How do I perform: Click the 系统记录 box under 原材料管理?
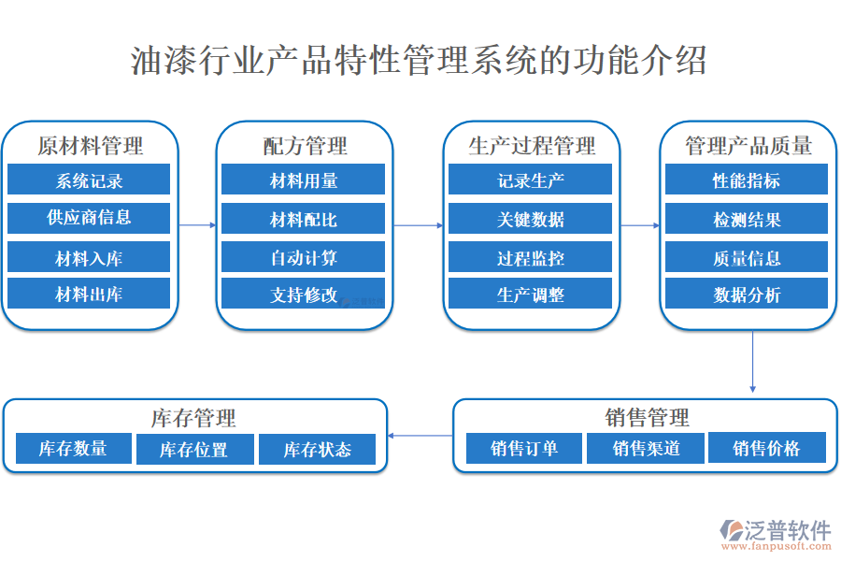click(89, 180)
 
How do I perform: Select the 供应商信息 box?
click(89, 218)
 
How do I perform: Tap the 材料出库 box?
click(89, 295)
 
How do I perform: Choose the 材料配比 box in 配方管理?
click(304, 220)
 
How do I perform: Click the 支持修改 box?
click(304, 295)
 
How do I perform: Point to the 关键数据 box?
click(530, 220)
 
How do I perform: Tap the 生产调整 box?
click(530, 295)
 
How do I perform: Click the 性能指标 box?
click(747, 180)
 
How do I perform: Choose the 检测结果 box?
click(747, 220)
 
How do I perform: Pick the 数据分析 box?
click(747, 295)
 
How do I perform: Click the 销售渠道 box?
click(646, 449)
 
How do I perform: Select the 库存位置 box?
click(193, 450)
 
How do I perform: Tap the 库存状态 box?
click(317, 450)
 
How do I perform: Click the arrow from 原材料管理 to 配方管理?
click(197, 225)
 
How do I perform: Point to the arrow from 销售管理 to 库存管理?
click(420, 436)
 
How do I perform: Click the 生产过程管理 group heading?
click(531, 146)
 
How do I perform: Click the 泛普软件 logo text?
click(787, 530)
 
